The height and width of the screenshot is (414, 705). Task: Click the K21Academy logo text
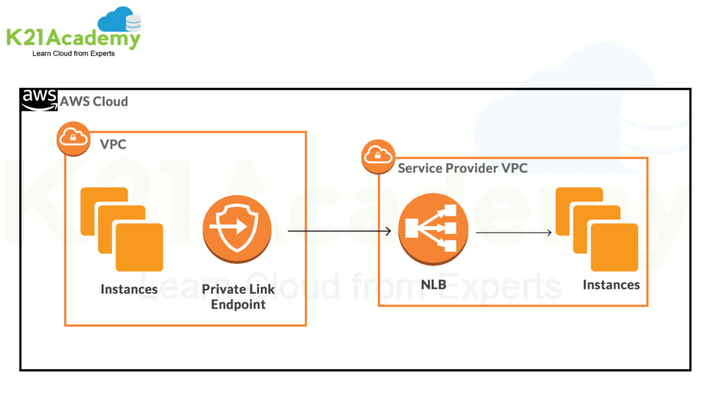click(x=73, y=38)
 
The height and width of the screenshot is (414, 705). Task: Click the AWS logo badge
click(x=39, y=100)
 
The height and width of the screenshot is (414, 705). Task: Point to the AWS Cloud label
click(x=94, y=102)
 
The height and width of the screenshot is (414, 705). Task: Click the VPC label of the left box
click(x=113, y=144)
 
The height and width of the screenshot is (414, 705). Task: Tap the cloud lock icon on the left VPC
click(x=72, y=138)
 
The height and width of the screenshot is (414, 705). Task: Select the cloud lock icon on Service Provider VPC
click(x=378, y=156)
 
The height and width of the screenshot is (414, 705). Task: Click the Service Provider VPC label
click(x=463, y=168)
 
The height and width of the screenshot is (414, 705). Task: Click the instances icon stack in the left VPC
click(x=121, y=230)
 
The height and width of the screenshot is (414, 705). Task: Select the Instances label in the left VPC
click(x=129, y=289)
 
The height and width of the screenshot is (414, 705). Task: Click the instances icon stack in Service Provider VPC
click(x=596, y=227)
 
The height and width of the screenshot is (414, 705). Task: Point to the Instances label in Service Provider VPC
click(x=611, y=285)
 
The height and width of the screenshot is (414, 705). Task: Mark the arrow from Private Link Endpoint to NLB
click(x=339, y=232)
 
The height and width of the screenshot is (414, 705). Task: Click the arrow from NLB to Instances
click(x=514, y=232)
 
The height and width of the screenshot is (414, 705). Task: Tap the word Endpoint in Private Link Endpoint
click(x=238, y=305)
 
